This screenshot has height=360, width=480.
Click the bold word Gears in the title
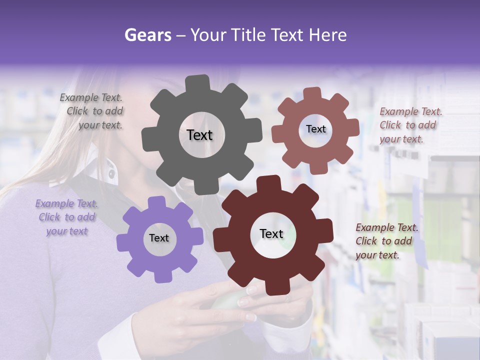point(147,35)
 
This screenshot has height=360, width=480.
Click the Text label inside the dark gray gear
point(199,135)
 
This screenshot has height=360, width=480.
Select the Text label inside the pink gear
point(315,129)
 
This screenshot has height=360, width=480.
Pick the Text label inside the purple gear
point(159,238)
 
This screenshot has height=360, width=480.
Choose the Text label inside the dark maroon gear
point(271,233)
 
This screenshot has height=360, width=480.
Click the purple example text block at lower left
point(66,217)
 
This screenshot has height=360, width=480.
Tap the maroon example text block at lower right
point(386,241)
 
